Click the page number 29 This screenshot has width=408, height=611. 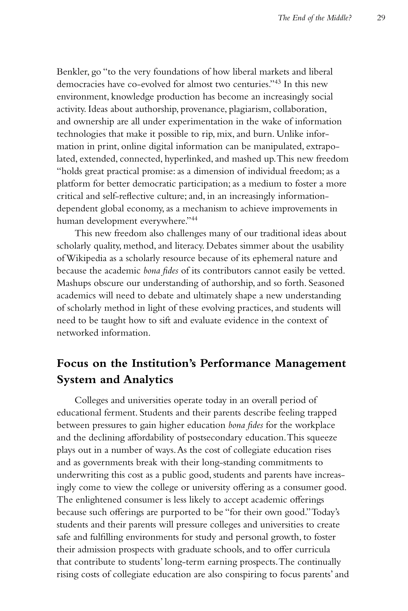point(381,18)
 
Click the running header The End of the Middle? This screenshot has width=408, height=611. point(315,18)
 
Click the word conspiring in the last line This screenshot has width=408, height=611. point(246,574)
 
